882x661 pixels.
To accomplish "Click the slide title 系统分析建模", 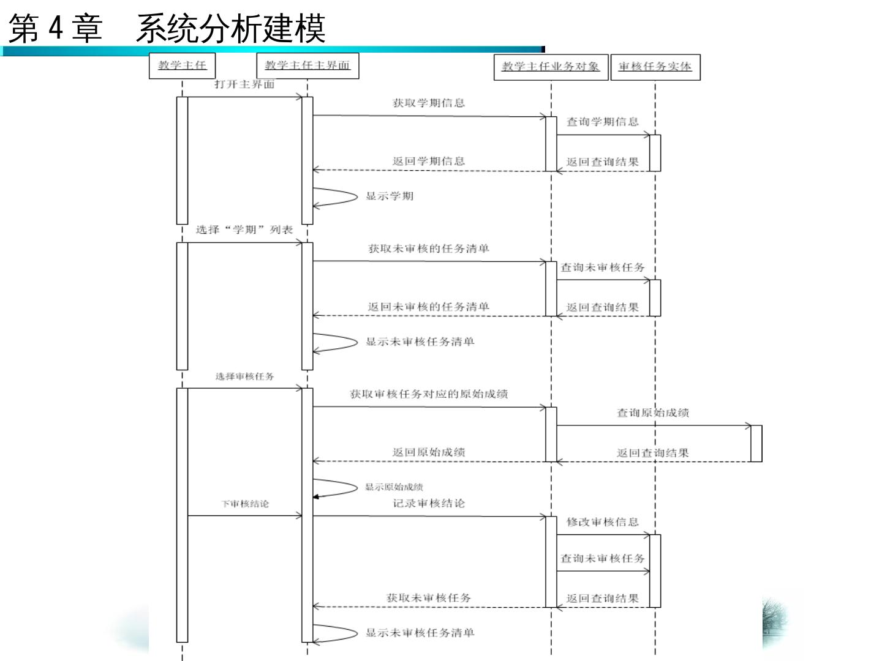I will pos(230,28).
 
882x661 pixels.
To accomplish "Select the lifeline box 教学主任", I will pos(183,65).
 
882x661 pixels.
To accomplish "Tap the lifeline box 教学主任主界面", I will pos(307,65).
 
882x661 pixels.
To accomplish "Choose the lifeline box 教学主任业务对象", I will pos(551,67).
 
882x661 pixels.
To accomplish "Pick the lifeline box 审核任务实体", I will pos(655,67).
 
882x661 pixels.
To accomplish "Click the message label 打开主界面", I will pos(244,84).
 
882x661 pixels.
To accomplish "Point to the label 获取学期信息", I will pos(429,103).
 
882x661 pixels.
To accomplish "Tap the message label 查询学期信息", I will pos(603,122).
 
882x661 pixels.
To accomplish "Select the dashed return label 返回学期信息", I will pos(429,161).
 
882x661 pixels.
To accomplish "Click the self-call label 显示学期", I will pos(390,196).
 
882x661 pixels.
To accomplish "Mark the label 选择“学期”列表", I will pos(244,230).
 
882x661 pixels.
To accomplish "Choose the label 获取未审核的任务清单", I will pos(429,248).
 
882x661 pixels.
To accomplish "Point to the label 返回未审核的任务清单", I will pos(429,307).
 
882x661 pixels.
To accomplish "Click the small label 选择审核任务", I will pos(244,376).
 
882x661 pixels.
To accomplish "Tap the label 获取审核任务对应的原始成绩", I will pos(429,394).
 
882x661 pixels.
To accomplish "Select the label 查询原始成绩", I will pos(653,413).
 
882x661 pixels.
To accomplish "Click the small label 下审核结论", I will pos(245,504).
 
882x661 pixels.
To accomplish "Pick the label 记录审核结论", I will pos(429,503).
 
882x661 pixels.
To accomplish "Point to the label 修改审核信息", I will pos(603,522).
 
